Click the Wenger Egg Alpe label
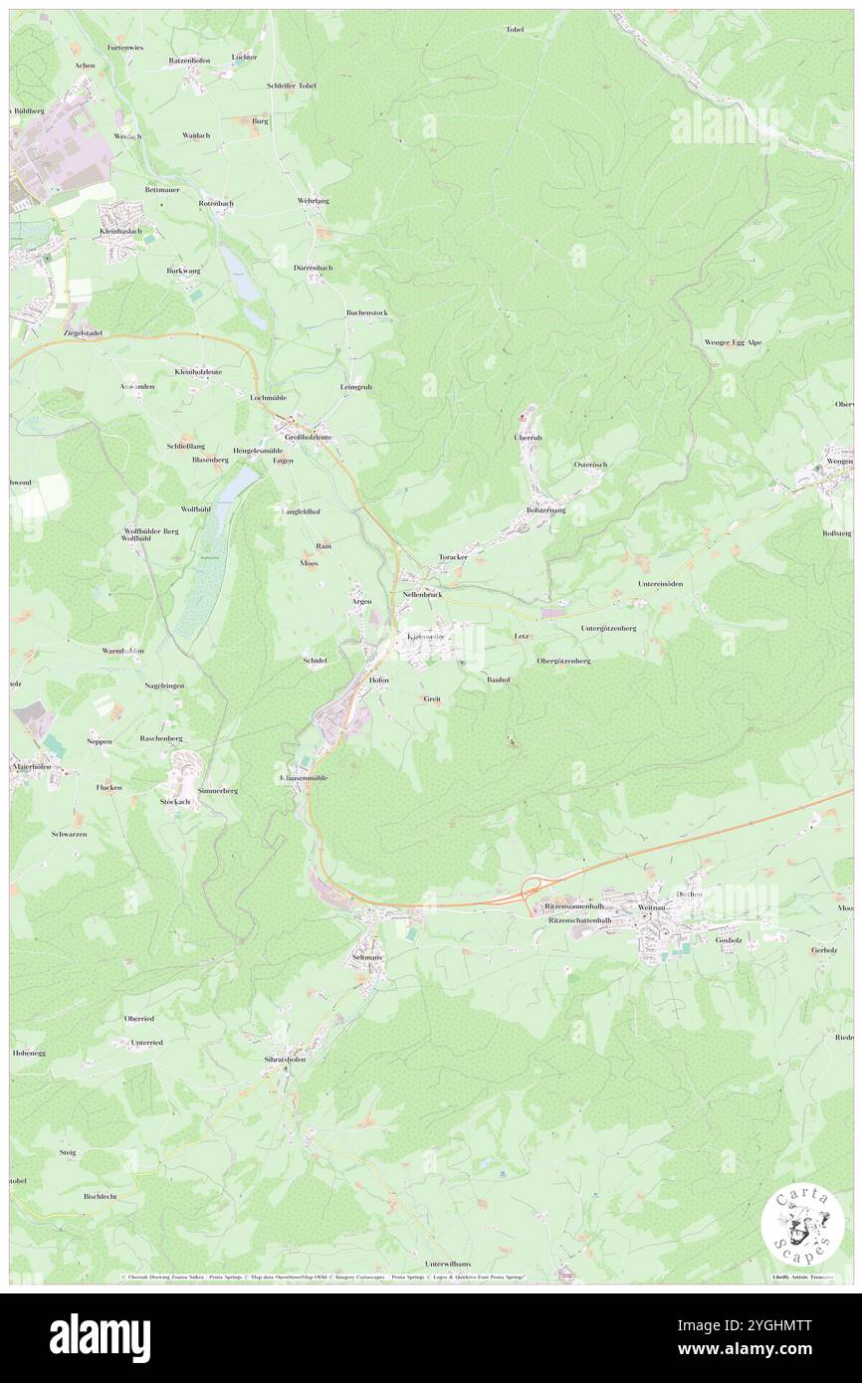coord(733,342)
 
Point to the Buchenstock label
coord(365,312)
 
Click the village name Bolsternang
coord(545,509)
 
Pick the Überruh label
coord(528,437)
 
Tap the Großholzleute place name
coord(309,437)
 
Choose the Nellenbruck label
coord(421,594)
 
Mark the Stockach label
coord(175,801)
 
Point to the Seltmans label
coord(367,957)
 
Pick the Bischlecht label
coord(101,1196)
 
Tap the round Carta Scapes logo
coord(802,1227)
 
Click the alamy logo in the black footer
coord(100,1337)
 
